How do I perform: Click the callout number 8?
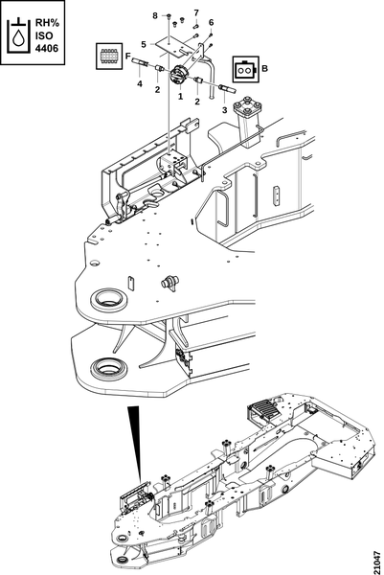(x=155, y=15)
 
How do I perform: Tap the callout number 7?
(x=196, y=13)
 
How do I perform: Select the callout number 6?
(x=211, y=22)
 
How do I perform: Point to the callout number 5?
(x=144, y=44)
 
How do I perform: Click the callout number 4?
(x=140, y=84)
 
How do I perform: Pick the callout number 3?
(x=225, y=109)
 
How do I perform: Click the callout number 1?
(x=180, y=97)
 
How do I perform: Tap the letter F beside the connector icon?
(x=128, y=57)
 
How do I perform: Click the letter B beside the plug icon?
(x=265, y=69)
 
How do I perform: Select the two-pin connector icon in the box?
(x=245, y=69)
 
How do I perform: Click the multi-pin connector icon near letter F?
(x=108, y=56)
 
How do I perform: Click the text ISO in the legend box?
(x=44, y=35)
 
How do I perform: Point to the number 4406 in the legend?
(x=47, y=49)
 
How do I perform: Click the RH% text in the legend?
(x=47, y=23)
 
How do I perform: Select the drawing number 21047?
(x=376, y=561)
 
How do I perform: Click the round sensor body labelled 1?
(x=180, y=75)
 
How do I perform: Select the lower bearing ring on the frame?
(x=109, y=369)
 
